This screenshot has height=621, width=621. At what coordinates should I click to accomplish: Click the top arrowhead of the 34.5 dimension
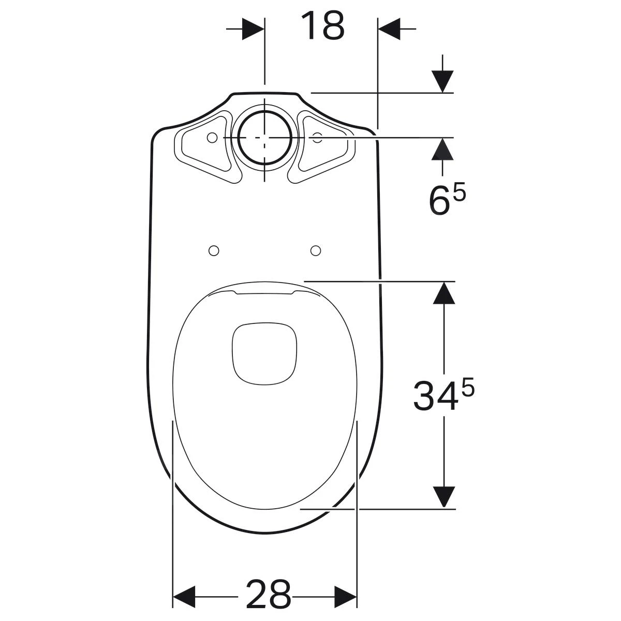443,292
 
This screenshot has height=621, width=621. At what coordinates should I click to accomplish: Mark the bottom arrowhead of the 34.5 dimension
443,497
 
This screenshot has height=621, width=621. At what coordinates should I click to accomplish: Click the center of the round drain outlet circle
264,138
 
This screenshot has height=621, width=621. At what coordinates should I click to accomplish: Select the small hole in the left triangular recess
211,138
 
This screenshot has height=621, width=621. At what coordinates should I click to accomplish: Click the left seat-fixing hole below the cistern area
213,250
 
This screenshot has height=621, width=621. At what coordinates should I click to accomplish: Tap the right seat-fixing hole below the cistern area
315,250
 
